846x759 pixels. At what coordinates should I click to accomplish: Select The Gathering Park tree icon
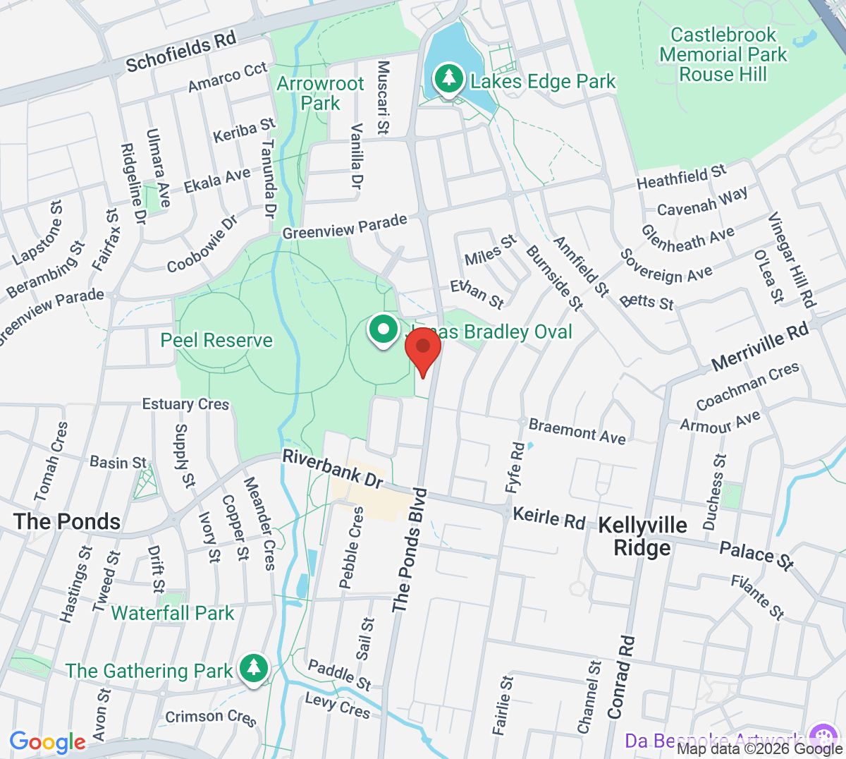pos(253,667)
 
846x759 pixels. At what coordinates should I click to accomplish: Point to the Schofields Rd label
pos(180,53)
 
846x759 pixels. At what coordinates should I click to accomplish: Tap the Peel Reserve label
pos(216,341)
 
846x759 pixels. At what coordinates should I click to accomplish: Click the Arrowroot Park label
pos(320,93)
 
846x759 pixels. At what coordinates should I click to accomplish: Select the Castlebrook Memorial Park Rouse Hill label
pos(723,55)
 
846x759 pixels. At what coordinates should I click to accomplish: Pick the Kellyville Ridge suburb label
pos(642,536)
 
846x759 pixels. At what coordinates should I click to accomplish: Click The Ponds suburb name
pos(67,522)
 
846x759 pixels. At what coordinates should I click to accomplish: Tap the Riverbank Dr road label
pos(333,470)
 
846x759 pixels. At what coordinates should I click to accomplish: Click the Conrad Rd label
pos(620,677)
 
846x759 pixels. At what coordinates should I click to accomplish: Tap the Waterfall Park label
pos(173,613)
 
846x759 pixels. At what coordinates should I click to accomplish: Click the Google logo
pos(47,742)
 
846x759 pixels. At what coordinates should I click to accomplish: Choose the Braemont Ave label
pos(577,431)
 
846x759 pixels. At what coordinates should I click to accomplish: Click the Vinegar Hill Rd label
pos(792,260)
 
